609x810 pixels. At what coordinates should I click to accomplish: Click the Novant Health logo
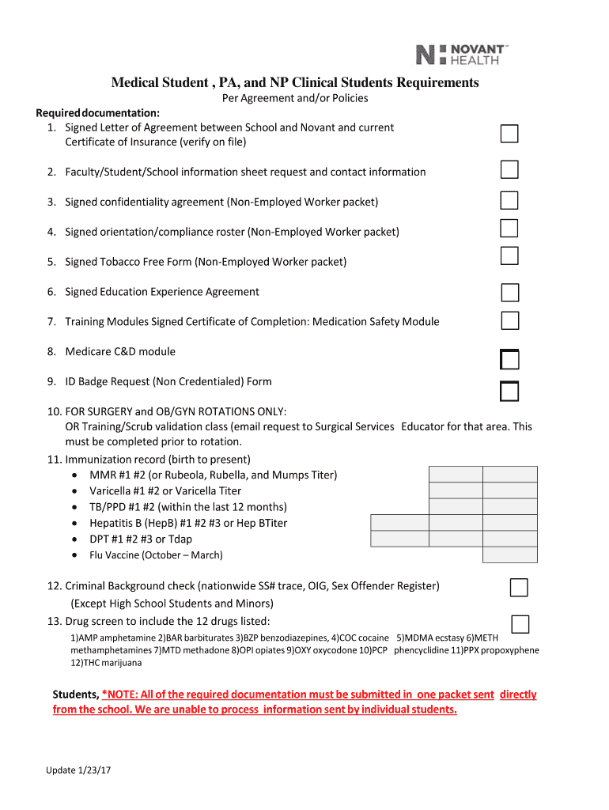click(462, 54)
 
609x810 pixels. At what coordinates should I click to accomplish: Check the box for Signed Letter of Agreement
click(509, 134)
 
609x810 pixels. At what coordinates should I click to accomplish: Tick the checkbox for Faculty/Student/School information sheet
click(509, 170)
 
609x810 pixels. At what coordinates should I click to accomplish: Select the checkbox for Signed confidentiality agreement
click(509, 200)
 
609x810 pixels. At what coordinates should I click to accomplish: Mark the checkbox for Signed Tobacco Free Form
click(509, 255)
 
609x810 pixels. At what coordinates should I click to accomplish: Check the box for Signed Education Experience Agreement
click(510, 293)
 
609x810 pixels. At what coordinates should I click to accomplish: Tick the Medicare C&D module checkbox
click(509, 360)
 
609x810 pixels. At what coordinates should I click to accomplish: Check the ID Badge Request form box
click(509, 391)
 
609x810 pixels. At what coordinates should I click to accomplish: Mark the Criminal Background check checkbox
click(519, 588)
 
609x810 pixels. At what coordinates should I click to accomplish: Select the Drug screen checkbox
click(520, 624)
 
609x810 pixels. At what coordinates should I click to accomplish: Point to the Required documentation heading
click(98, 112)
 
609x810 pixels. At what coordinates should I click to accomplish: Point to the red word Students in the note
click(76, 695)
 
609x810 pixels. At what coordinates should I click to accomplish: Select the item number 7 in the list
click(51, 322)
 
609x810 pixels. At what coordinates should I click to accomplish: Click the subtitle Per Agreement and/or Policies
click(294, 99)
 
